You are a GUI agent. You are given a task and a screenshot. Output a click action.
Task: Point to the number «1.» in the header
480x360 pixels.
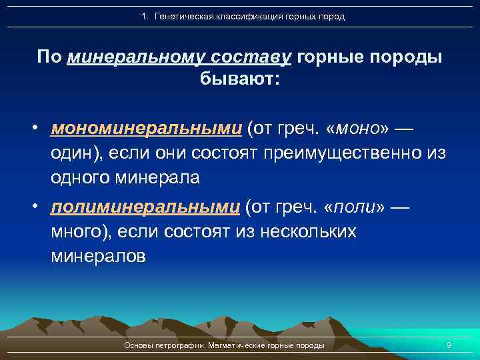(146, 16)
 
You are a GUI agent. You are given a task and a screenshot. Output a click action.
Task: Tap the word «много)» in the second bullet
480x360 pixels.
(79, 232)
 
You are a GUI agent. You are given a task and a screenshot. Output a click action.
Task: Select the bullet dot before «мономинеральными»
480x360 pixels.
(41, 128)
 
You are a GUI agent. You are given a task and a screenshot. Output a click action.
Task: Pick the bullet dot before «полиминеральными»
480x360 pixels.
(41, 207)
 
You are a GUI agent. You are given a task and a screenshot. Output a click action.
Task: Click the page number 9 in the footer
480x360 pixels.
(449, 345)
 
